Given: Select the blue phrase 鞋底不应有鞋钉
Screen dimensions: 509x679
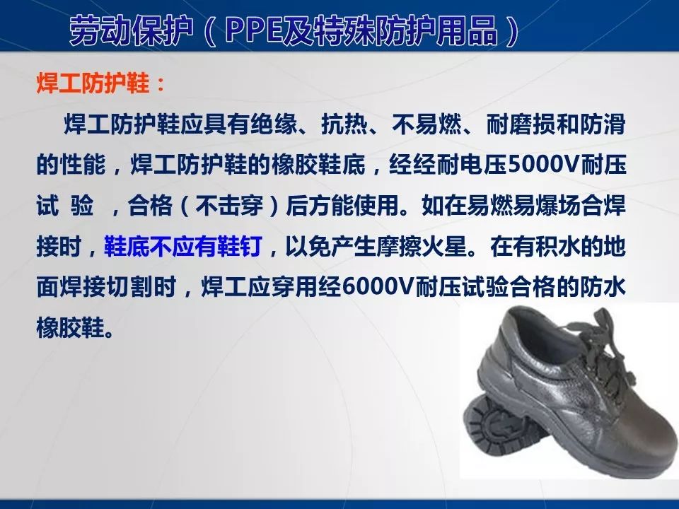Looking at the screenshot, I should click(x=183, y=247).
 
